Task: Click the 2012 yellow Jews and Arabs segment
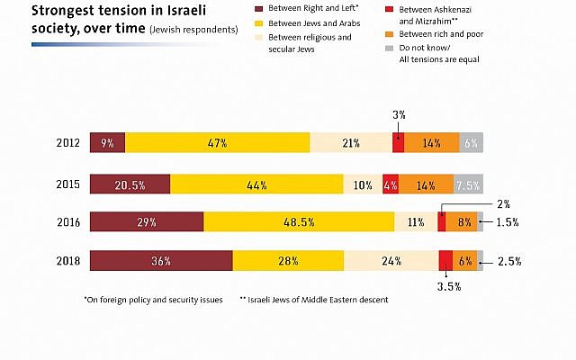pos(218,142)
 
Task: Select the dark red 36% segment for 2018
pos(161,261)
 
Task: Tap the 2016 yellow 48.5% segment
pos(299,222)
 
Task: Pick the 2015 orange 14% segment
pos(426,184)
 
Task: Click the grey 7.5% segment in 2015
pos(468,184)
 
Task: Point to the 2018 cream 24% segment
pos(391,261)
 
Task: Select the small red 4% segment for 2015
pos(391,184)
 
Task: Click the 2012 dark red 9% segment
pos(108,142)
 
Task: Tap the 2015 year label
pos(68,184)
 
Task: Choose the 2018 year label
pos(68,261)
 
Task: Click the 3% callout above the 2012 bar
pos(399,115)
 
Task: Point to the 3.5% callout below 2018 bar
pos(449,286)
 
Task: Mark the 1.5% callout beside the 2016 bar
pos(508,222)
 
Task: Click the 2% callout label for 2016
pos(504,204)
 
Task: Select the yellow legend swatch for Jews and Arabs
pos(259,23)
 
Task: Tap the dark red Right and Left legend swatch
pos(259,8)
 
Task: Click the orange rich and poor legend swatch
pos(390,34)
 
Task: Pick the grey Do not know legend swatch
pos(390,48)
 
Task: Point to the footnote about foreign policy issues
pos(154,300)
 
